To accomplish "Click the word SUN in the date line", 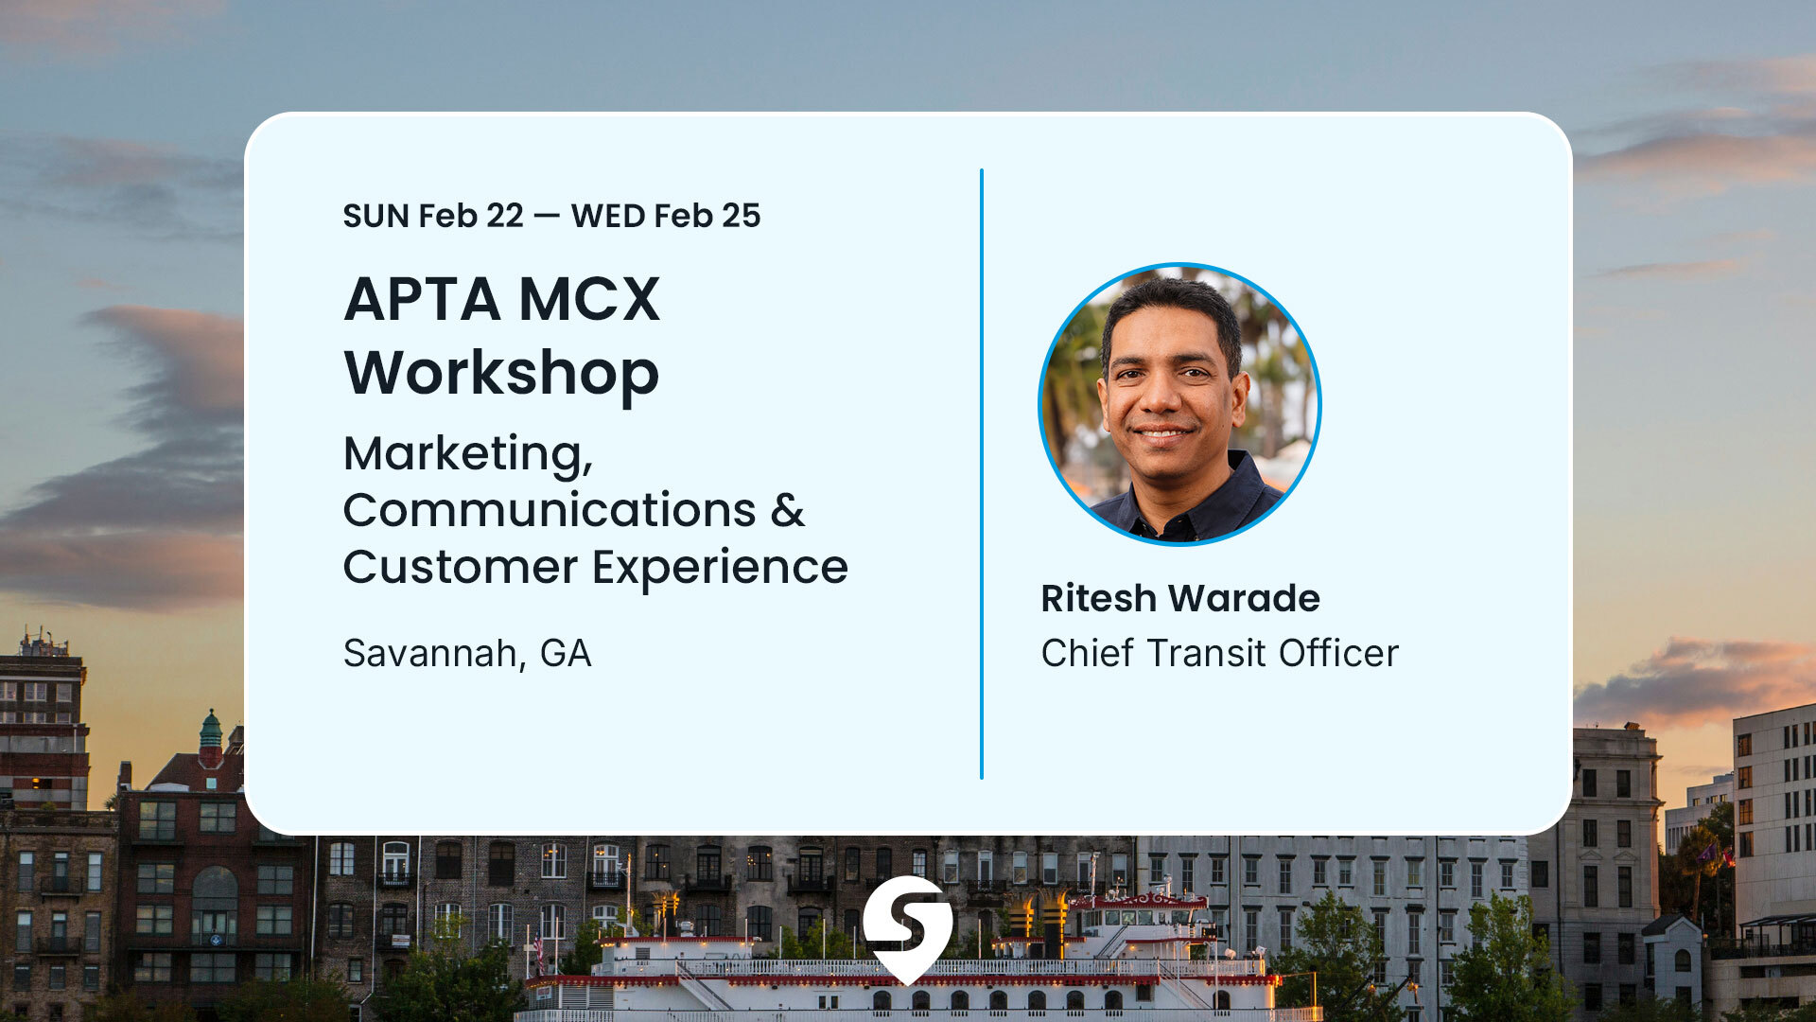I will (375, 217).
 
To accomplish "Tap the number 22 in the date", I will (504, 217).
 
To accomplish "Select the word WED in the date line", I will (608, 217).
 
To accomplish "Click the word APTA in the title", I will (422, 300).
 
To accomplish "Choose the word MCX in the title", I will (589, 300).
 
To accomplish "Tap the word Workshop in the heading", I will (501, 373).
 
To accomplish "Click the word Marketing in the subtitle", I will (464, 454).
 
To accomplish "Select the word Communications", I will (550, 511).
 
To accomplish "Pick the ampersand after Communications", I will (787, 511).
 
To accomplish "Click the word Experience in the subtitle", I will (720, 568).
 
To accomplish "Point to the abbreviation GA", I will (566, 654).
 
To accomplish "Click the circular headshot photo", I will (1179, 404).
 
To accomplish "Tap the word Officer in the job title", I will (1338, 654).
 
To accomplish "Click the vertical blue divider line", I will (982, 473).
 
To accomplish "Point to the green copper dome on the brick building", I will (211, 731).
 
